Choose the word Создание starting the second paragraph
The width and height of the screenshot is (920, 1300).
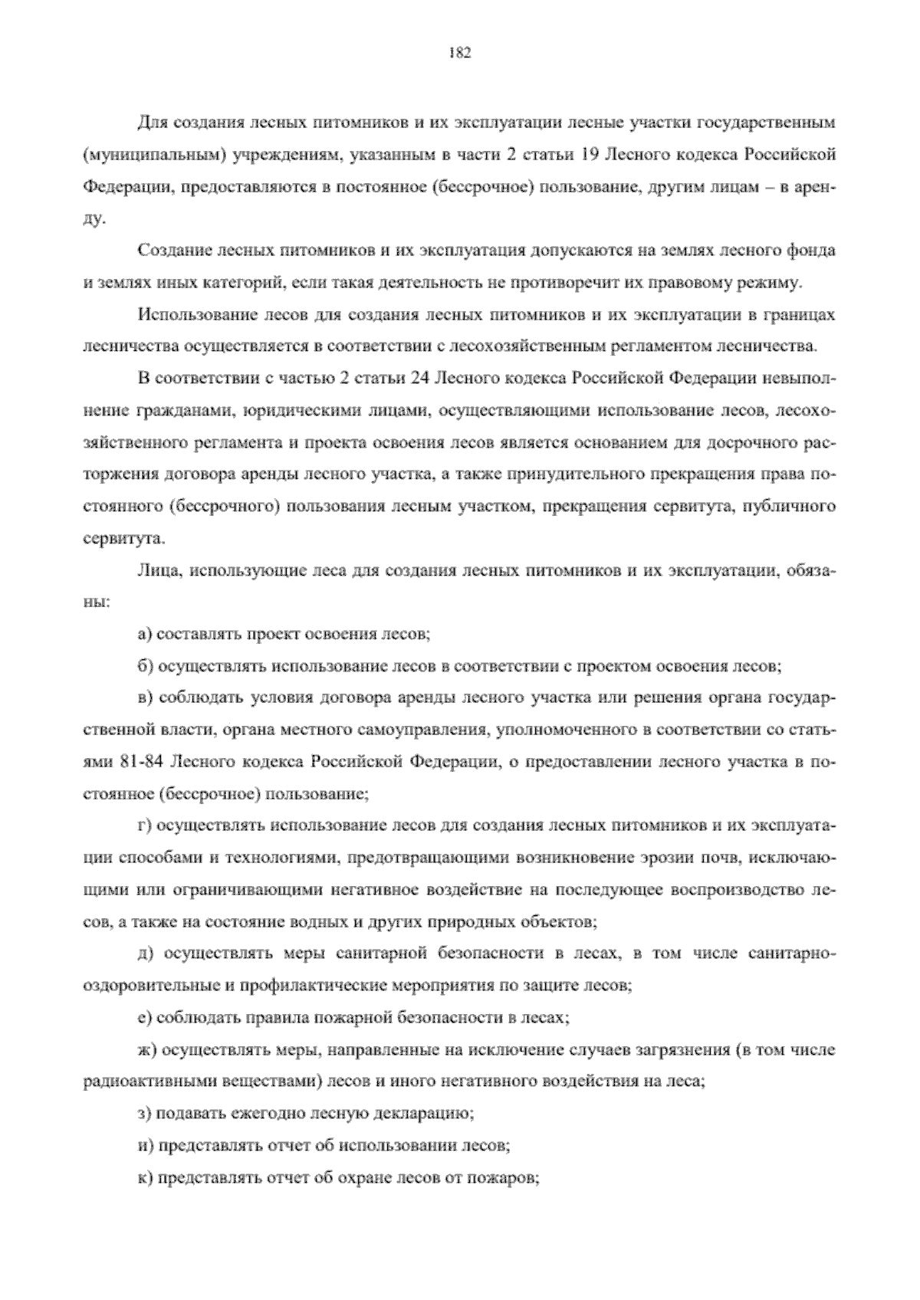coord(168,251)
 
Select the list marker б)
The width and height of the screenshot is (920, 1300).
coord(143,666)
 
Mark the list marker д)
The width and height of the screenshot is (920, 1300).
coord(143,953)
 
